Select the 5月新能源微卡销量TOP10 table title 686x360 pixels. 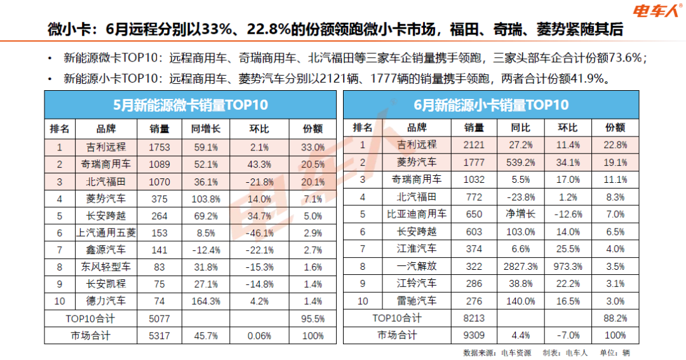tap(191, 105)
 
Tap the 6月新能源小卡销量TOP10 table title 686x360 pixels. tap(491, 105)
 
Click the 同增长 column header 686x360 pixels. tap(206, 129)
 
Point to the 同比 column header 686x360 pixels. tap(521, 128)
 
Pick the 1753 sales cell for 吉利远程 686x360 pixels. tap(159, 147)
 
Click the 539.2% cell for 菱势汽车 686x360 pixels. tap(521, 163)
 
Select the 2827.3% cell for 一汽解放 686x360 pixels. tap(521, 267)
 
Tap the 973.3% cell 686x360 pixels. tap(568, 267)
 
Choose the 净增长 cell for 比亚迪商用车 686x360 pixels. tap(521, 214)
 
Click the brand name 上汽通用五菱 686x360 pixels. tap(106, 233)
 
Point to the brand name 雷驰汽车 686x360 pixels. tap(417, 301)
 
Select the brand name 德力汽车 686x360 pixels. tap(106, 301)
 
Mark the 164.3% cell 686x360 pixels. tap(206, 302)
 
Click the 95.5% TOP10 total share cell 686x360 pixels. tap(313, 319)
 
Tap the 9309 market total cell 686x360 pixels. tap(474, 335)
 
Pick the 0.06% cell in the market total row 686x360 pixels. tap(259, 336)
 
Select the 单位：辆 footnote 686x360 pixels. tap(615, 352)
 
